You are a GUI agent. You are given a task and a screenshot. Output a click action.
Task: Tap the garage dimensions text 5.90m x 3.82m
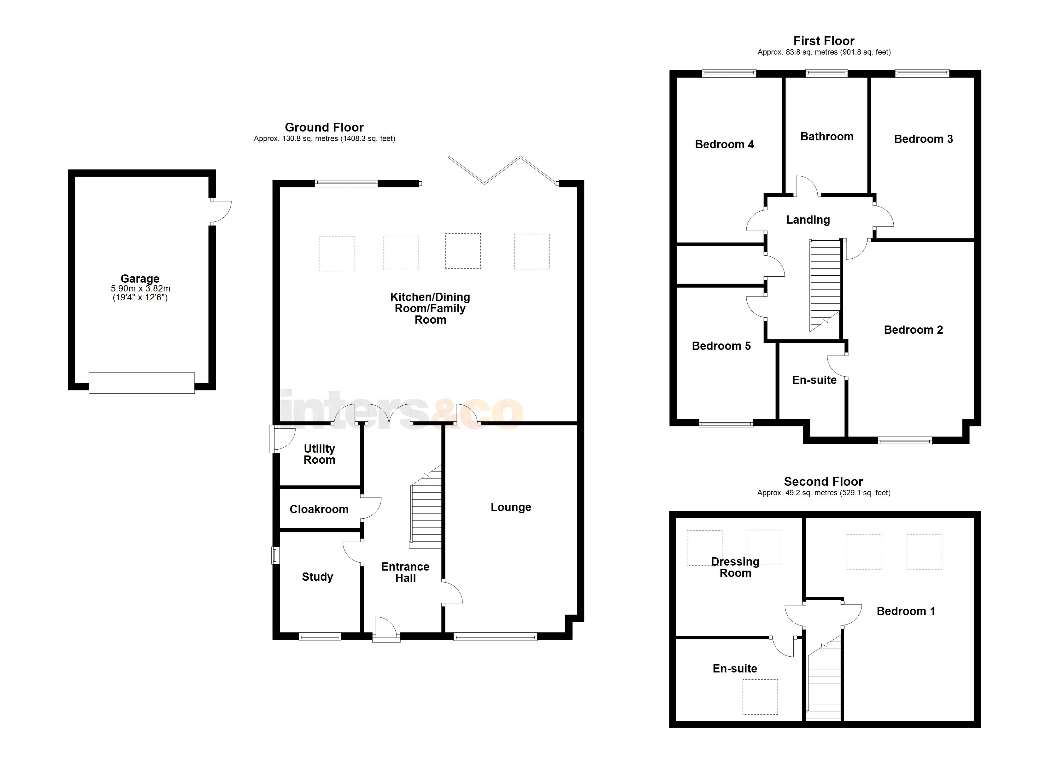pyautogui.click(x=140, y=289)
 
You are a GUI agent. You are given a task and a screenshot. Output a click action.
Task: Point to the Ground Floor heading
pyautogui.click(x=324, y=127)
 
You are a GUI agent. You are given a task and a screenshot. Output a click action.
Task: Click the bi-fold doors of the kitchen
pyautogui.click(x=503, y=170)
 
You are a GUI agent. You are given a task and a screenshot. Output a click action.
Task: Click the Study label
pyautogui.click(x=317, y=577)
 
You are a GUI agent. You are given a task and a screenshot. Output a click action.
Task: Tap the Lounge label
pyautogui.click(x=510, y=507)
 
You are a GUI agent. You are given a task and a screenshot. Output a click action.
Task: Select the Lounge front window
pyautogui.click(x=495, y=636)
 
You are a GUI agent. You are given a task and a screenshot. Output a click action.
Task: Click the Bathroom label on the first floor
pyautogui.click(x=827, y=136)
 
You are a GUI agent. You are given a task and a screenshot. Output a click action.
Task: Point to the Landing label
pyautogui.click(x=808, y=220)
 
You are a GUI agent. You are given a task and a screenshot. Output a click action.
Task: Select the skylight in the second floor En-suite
pyautogui.click(x=760, y=696)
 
